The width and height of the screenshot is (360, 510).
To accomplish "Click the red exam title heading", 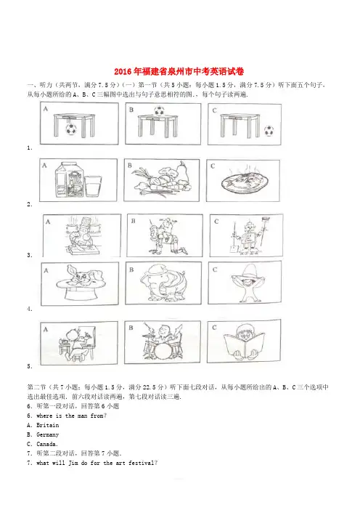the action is pyautogui.click(x=179, y=71).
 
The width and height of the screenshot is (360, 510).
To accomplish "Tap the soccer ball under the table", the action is pyautogui.click(x=71, y=129).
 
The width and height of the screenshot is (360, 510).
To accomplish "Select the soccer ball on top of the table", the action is pyautogui.click(x=159, y=110).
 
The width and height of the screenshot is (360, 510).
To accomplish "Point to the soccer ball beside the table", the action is pyautogui.click(x=269, y=131).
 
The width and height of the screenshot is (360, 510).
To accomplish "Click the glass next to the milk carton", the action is pyautogui.click(x=93, y=186).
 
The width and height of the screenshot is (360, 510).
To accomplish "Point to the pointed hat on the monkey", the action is pyautogui.click(x=248, y=272).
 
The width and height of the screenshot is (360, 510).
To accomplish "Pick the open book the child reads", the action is pyautogui.click(x=244, y=346).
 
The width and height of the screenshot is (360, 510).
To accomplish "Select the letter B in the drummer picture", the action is pyautogui.click(x=131, y=328).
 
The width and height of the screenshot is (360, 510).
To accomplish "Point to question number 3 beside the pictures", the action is pyautogui.click(x=29, y=255).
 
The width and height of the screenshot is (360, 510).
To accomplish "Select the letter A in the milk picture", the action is pyautogui.click(x=44, y=166).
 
